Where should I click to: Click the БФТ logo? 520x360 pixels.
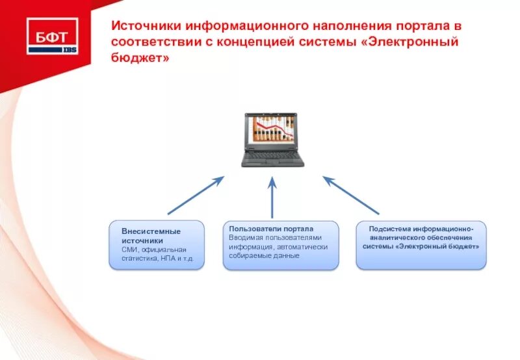point(52,36)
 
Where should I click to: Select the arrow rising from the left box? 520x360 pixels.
point(195,195)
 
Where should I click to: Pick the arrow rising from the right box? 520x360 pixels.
point(351,195)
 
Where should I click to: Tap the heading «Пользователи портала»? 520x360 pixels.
point(271,229)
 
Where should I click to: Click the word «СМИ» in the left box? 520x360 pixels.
point(129,250)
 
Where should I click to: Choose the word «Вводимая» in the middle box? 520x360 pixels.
point(244,238)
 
